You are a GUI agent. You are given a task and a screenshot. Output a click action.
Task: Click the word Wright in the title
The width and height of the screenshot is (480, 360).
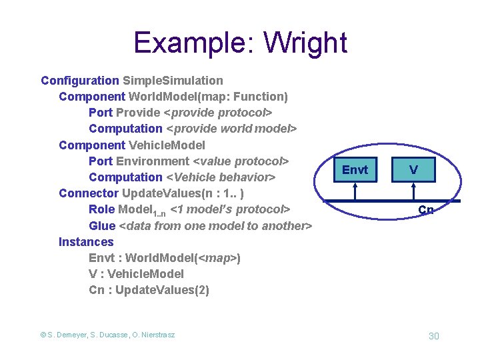coord(305,43)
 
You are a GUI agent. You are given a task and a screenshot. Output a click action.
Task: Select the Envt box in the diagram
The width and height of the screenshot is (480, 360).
coord(355,170)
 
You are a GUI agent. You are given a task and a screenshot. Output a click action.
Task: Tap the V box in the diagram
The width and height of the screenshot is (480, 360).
coord(414,170)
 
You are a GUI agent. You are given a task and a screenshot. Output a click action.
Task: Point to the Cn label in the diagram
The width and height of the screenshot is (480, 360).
coord(425,210)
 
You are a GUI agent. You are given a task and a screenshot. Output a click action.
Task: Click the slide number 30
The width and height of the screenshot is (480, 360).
coord(433,335)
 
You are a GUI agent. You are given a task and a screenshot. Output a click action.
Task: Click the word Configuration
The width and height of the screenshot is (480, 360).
coord(79,81)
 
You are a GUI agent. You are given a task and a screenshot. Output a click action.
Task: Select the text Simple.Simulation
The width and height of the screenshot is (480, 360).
coord(173,81)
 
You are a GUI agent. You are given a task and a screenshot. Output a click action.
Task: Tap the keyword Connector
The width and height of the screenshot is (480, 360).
coord(89,193)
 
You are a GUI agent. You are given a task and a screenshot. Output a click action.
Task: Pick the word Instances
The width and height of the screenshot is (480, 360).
coord(86,242)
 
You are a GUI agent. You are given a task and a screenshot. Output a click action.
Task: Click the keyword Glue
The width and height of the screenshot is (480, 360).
coord(102,226)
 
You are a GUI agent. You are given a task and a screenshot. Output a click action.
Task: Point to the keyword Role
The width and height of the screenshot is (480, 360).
coord(101,209)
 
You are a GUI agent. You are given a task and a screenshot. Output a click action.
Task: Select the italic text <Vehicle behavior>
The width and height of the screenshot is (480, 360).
coord(220,177)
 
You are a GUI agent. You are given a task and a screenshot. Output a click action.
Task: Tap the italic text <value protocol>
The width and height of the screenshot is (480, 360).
coord(240,161)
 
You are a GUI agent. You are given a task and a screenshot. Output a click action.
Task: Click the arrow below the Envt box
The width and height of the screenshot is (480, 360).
coord(355,191)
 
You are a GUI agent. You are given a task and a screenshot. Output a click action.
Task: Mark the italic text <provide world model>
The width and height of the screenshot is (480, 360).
coord(231,129)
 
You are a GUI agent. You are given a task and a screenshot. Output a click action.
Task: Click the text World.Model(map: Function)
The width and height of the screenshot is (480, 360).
coord(208,97)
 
